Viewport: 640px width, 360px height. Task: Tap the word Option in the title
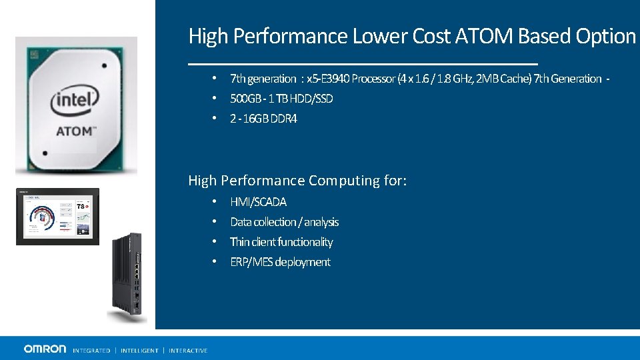pos(603,36)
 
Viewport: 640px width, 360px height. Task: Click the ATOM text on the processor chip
pos(74,131)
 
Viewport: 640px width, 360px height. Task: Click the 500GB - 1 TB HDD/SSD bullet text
pos(281,99)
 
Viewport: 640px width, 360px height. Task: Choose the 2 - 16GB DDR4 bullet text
pos(263,119)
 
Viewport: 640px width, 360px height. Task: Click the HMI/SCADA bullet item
pos(258,202)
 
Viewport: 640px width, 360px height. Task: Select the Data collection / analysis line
pos(284,222)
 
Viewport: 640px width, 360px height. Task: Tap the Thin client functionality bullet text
pos(281,242)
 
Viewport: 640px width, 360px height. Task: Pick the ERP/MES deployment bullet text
pos(280,262)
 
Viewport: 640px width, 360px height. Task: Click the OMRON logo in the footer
pos(45,349)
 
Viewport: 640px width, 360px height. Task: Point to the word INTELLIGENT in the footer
pos(139,351)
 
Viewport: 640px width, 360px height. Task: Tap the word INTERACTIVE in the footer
pos(188,351)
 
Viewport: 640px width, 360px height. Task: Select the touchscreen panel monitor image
pos(57,217)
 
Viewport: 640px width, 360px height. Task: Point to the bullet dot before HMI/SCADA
pos(214,201)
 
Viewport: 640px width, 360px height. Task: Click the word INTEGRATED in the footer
pos(91,351)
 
